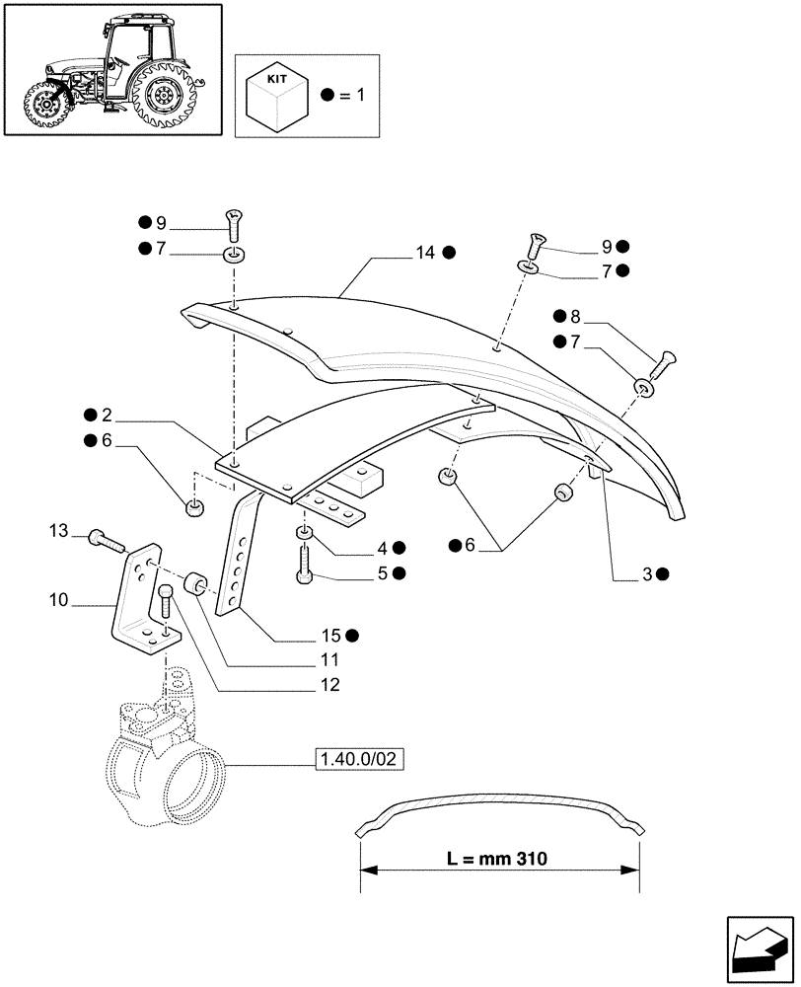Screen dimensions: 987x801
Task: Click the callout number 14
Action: point(424,253)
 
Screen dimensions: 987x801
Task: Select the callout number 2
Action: point(106,415)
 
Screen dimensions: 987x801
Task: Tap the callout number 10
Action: point(57,599)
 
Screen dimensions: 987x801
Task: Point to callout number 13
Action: point(59,532)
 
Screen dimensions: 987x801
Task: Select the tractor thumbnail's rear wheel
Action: point(163,95)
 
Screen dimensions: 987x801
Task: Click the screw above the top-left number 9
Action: point(234,226)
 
